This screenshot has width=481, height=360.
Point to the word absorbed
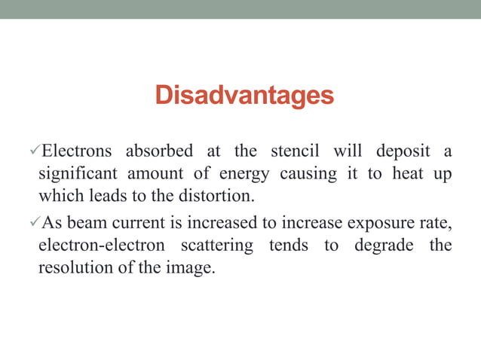[x=159, y=151]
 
